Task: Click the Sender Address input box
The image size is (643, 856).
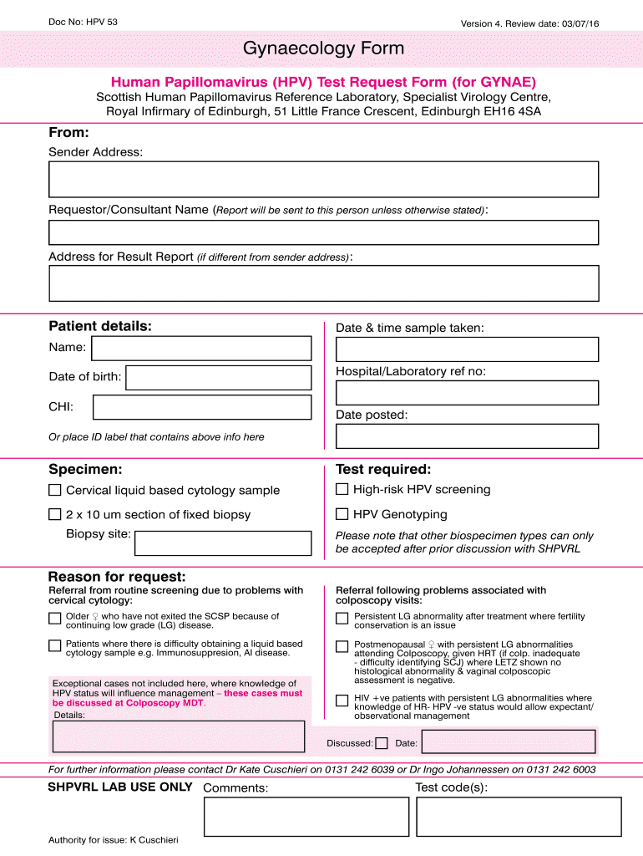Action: pos(323,179)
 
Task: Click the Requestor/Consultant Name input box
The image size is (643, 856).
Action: pos(323,232)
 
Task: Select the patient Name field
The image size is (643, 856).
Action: pos(200,349)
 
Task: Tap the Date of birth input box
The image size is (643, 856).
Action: pos(218,378)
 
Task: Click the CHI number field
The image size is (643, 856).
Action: pos(202,407)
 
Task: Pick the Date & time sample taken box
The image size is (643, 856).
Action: pos(467,349)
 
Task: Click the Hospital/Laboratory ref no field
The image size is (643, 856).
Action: pos(467,393)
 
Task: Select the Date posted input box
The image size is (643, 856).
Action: pos(467,436)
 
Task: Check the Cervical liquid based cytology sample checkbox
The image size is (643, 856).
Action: pos(55,490)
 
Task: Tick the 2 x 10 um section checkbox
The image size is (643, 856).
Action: pos(55,514)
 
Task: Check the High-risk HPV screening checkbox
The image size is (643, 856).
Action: pos(342,489)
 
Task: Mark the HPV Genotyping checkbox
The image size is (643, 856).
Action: pos(342,514)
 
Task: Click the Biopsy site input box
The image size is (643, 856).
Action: pos(223,543)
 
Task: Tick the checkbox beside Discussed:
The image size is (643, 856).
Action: pos(382,742)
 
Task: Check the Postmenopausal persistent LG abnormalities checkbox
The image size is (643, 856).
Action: pos(342,646)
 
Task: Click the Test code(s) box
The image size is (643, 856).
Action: pos(519,816)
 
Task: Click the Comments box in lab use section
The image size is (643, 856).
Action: pos(306,816)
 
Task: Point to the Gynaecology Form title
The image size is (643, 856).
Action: pos(323,49)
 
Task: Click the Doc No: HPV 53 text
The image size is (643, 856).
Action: pos(83,21)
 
